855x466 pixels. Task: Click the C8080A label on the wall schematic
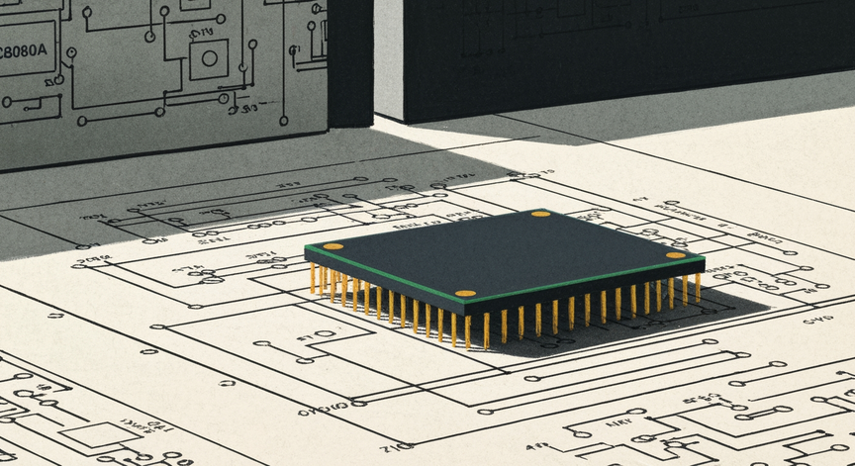26,54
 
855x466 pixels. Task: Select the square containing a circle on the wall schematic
208,59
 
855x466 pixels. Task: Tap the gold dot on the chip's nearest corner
465,294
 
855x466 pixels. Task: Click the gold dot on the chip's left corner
333,246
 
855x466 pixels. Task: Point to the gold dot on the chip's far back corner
540,214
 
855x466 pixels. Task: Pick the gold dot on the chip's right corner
675,255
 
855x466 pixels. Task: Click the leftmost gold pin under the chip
313,278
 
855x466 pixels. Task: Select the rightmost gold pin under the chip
698,287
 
